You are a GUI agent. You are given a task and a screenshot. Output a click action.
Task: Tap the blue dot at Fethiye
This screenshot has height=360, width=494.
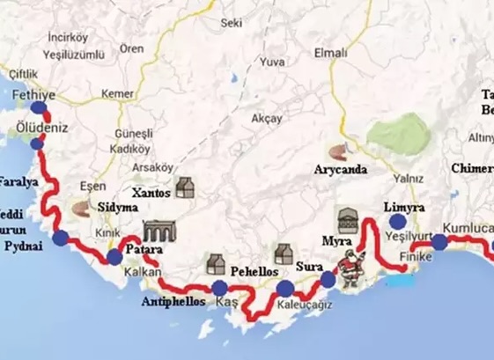tap(38, 108)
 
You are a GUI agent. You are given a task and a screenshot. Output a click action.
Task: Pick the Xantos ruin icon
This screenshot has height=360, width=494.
tap(184, 187)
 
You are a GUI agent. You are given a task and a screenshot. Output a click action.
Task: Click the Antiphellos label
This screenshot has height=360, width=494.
tap(173, 302)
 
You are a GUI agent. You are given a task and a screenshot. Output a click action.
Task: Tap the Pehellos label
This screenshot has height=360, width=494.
tap(254, 273)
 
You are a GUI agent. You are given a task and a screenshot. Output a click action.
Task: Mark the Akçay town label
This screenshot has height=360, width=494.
tap(267, 118)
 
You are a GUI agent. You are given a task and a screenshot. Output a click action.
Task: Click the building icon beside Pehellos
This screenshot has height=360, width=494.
tap(216, 262)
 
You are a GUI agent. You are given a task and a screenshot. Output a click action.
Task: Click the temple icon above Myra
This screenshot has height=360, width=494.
tap(347, 219)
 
